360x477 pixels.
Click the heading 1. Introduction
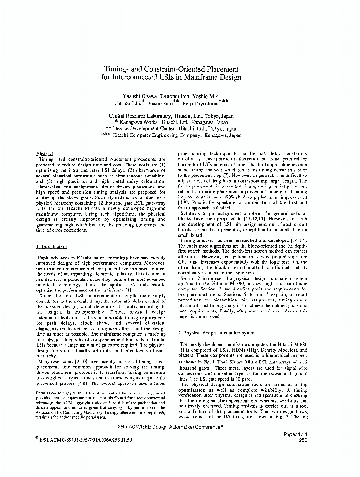click(51, 247)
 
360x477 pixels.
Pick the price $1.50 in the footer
click(122, 440)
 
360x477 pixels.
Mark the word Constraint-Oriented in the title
click(175, 68)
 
